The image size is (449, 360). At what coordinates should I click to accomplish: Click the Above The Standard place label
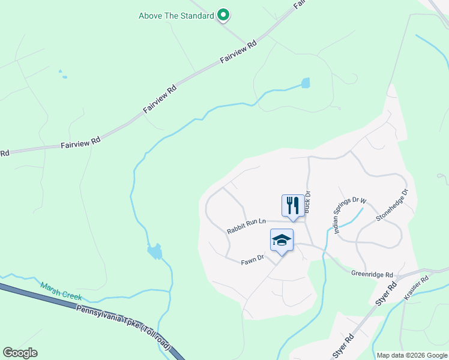click(x=176, y=16)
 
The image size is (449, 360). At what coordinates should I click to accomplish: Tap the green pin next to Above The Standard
click(x=223, y=14)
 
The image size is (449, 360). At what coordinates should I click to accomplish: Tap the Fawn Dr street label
click(x=253, y=259)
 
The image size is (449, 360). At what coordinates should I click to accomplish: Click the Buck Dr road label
click(x=308, y=202)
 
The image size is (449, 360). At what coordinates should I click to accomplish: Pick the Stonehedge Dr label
click(x=392, y=205)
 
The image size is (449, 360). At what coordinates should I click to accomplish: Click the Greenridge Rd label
click(x=372, y=273)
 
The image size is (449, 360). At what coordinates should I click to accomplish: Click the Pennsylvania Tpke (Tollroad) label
click(x=123, y=328)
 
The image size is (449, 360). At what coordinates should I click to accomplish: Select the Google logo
click(x=20, y=353)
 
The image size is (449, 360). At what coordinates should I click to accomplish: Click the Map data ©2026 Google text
click(x=412, y=355)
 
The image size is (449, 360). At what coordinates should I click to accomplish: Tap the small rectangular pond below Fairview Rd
click(x=306, y=83)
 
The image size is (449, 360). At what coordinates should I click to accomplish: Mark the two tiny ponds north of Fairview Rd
click(x=62, y=74)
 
